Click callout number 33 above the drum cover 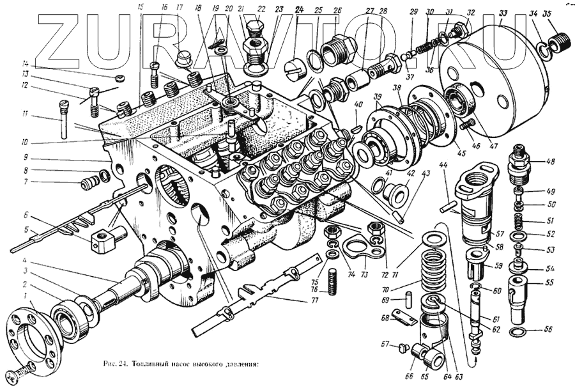pos(503,13)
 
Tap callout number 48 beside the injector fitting pos(549,162)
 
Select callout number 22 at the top pos(261,9)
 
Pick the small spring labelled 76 pos(333,281)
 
